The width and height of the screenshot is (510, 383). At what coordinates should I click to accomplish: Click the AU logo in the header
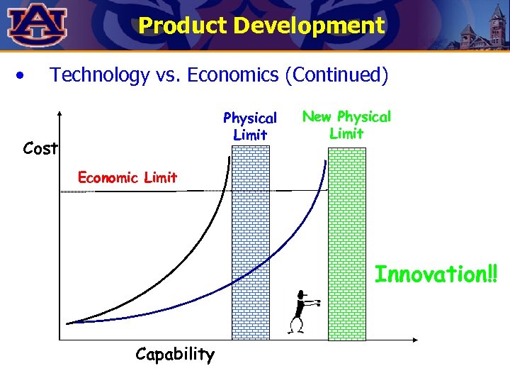[x=37, y=26]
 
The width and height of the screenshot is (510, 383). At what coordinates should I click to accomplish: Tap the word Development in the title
[x=309, y=26]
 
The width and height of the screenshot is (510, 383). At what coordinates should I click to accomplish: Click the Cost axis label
[x=40, y=149]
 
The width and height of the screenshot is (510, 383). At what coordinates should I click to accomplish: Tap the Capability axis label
[x=174, y=354]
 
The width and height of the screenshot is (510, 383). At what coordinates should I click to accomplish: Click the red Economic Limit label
[x=127, y=177]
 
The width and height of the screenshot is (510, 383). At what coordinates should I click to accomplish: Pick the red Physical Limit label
[x=250, y=126]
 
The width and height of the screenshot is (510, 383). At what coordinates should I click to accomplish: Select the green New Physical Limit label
[x=346, y=125]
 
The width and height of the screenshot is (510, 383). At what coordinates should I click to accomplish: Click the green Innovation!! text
[x=436, y=274]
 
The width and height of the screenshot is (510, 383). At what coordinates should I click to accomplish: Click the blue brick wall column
[x=251, y=241]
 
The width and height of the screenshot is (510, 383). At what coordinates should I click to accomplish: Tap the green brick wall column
[x=347, y=241]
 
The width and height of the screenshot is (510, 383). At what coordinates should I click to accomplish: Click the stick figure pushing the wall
[x=300, y=311]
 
